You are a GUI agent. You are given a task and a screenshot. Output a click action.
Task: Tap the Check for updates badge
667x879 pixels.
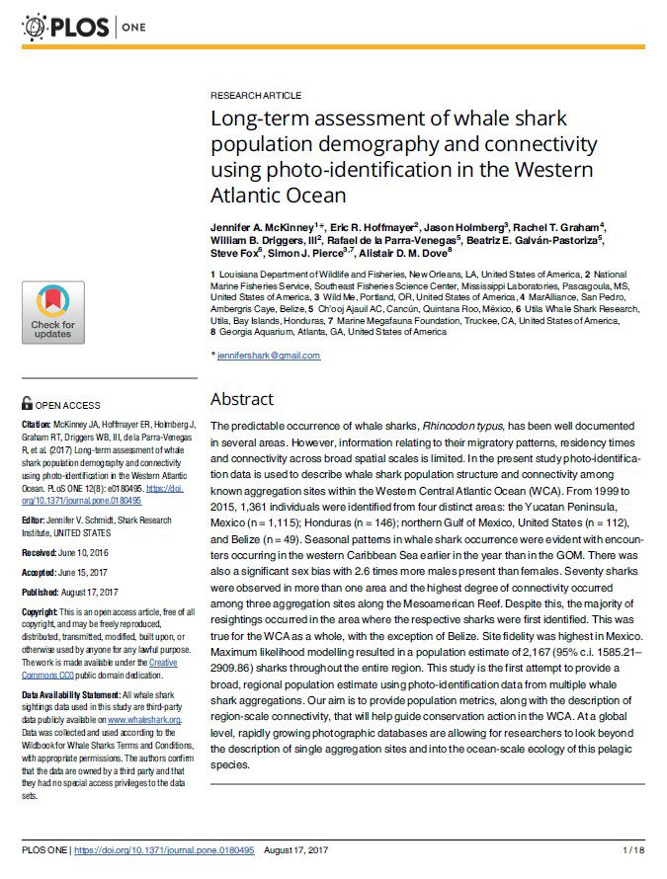pyautogui.click(x=52, y=312)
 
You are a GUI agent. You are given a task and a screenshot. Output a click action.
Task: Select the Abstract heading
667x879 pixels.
pyautogui.click(x=241, y=399)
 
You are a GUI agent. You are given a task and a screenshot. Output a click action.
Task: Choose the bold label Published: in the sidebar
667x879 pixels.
pyautogui.click(x=42, y=593)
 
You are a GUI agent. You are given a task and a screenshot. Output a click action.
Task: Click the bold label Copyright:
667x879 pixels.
pyautogui.click(x=42, y=612)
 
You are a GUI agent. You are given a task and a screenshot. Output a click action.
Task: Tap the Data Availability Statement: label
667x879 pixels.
pyautogui.click(x=82, y=696)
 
